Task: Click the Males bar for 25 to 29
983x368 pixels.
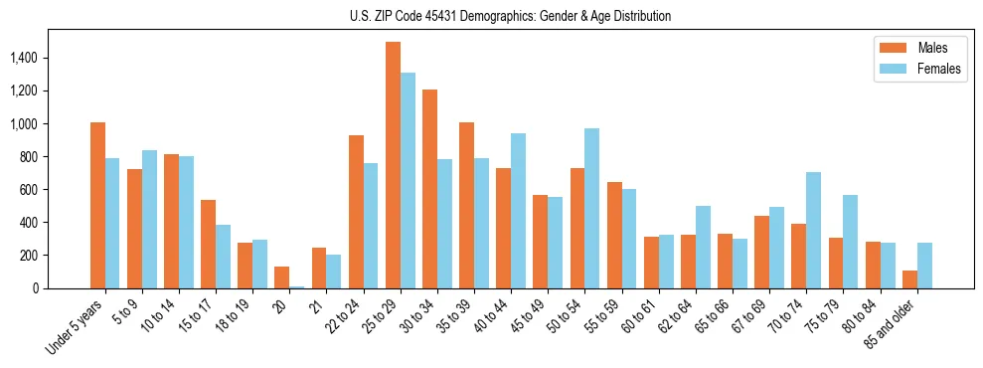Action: [x=393, y=165]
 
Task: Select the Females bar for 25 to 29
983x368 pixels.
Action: [x=408, y=180]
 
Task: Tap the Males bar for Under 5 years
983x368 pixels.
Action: [x=97, y=205]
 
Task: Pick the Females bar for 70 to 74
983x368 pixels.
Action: [x=813, y=230]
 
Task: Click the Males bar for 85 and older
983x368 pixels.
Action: [x=909, y=279]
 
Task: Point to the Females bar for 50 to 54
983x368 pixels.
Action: [x=591, y=208]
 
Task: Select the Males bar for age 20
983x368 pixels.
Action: [x=282, y=277]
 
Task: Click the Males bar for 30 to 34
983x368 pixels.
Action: [x=429, y=189]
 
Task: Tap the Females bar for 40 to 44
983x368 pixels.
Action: [x=518, y=211]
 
